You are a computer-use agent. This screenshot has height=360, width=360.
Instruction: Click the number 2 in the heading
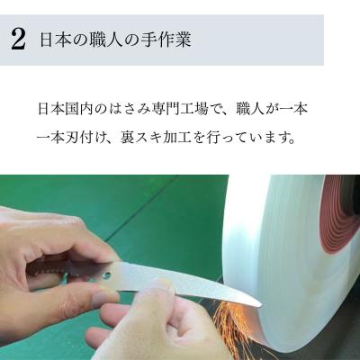[x=18, y=40]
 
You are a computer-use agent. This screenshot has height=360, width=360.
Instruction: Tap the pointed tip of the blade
[x=259, y=303]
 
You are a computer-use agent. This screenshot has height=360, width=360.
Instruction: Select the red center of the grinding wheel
[x=341, y=212]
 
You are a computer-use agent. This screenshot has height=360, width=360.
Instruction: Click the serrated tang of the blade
[x=54, y=268]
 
